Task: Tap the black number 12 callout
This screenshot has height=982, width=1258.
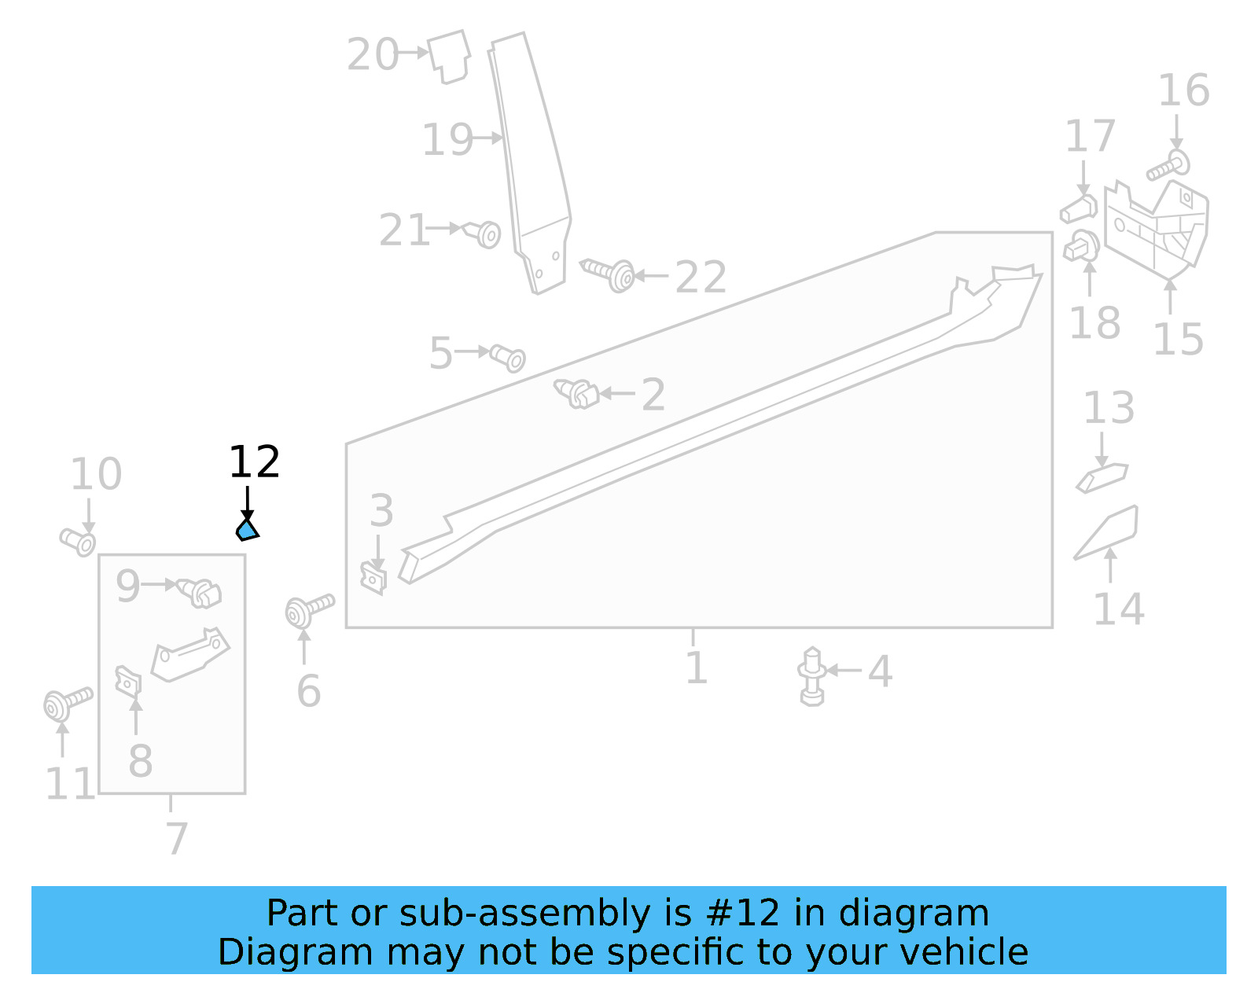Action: coord(254,462)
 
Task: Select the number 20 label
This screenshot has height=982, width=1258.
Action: coord(373,55)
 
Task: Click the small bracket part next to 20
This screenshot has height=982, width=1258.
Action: coord(450,57)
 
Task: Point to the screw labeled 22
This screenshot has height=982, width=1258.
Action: coord(609,274)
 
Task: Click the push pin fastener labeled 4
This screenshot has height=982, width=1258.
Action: coord(812,675)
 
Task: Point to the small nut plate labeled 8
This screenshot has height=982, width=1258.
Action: coord(127,681)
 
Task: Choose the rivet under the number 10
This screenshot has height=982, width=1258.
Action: coord(79,541)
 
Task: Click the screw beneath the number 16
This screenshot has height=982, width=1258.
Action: coord(1168,166)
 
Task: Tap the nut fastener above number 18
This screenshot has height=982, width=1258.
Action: coord(1082,246)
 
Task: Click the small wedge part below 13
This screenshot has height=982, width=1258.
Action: coord(1102,477)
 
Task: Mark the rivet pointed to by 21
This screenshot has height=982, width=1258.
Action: coord(484,234)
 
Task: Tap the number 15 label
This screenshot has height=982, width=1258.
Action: coord(1177,340)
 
